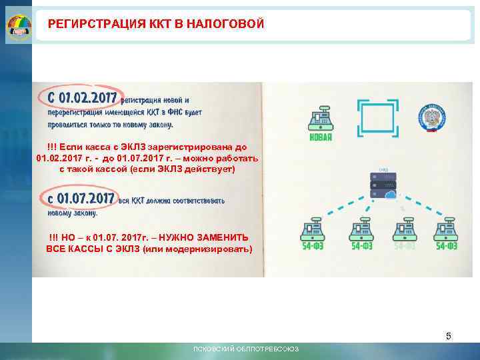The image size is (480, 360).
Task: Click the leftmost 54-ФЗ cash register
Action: (x=313, y=229)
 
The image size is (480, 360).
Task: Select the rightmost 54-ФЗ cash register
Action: (x=445, y=229)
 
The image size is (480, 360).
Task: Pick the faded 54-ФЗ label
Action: (x=404, y=247)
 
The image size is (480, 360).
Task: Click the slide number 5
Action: (x=449, y=336)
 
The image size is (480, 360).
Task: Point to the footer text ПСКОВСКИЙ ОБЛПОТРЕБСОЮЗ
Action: (x=246, y=349)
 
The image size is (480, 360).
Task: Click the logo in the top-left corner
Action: (x=19, y=27)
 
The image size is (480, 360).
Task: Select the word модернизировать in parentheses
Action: (x=211, y=249)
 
